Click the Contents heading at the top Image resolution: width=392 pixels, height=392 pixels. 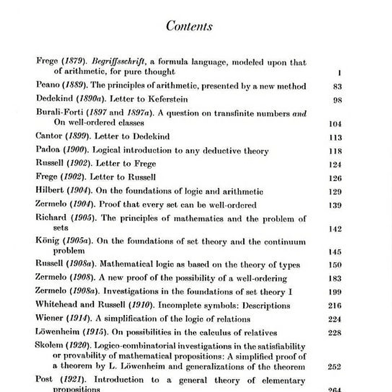point(189,26)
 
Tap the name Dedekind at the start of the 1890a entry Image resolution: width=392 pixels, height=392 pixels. point(53,99)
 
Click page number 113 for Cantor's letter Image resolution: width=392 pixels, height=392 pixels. point(335,137)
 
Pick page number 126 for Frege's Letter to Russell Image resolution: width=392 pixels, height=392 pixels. point(335,178)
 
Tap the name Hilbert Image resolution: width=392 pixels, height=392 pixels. point(50,191)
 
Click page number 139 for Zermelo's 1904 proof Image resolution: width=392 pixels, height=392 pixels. point(335,205)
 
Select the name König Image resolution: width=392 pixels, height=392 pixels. point(47,242)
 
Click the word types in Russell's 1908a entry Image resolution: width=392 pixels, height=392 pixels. point(288,265)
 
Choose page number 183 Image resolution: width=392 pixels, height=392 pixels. point(335,279)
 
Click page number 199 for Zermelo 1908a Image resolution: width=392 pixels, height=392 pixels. point(335,292)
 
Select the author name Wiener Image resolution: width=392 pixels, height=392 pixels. point(49,318)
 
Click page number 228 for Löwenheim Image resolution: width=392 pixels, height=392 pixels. point(335,333)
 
